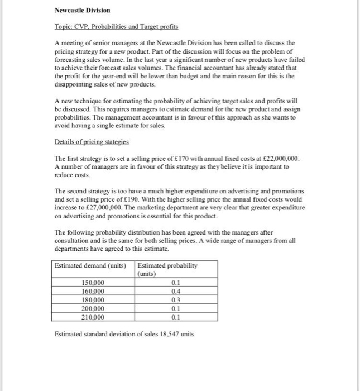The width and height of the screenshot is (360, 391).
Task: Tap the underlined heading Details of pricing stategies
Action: [x=92, y=143]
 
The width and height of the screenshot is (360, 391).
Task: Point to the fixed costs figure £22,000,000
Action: [x=281, y=159]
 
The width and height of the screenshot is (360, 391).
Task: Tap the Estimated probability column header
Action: [x=167, y=265]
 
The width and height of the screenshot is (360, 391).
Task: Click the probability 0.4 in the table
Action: [x=176, y=291]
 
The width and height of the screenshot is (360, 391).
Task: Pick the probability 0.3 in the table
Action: [x=176, y=300]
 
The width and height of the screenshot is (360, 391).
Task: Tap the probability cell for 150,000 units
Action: [x=176, y=282]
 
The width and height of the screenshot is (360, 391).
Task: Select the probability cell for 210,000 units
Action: [x=176, y=317]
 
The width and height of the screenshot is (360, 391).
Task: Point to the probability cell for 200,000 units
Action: [x=176, y=308]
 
